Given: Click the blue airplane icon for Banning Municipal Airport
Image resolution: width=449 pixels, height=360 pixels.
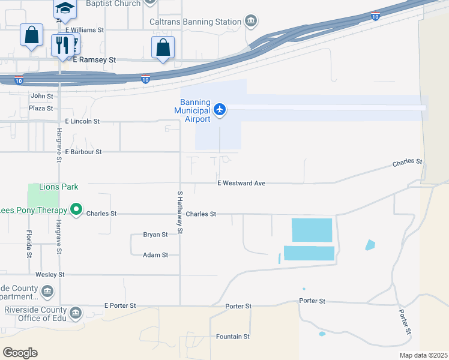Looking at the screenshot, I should tap(220, 109).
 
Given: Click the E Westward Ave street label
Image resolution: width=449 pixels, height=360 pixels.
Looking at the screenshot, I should tap(241, 183).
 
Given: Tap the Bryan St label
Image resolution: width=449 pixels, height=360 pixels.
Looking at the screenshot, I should tap(155, 235).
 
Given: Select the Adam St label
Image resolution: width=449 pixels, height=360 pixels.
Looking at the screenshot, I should tap(155, 255).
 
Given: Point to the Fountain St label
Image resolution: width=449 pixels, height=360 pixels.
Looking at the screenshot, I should tap(233, 337).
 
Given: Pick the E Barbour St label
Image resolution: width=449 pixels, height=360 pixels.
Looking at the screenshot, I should tap(84, 152).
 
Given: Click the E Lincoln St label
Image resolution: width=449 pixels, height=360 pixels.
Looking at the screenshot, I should tap(82, 121).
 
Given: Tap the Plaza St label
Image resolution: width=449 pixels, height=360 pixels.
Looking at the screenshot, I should tap(41, 109).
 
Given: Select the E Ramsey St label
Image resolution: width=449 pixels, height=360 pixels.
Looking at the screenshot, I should tap(94, 60).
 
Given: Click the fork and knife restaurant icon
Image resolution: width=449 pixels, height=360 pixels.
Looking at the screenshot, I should tap(62, 45).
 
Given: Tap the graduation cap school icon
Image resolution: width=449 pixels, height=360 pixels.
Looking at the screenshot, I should tap(65, 8).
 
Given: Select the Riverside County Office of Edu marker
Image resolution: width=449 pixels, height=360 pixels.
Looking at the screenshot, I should tap(76, 313).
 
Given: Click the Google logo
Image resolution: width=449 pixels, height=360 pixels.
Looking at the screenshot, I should tap(20, 353).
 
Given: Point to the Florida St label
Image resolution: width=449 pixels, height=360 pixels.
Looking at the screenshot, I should tap(29, 244).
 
